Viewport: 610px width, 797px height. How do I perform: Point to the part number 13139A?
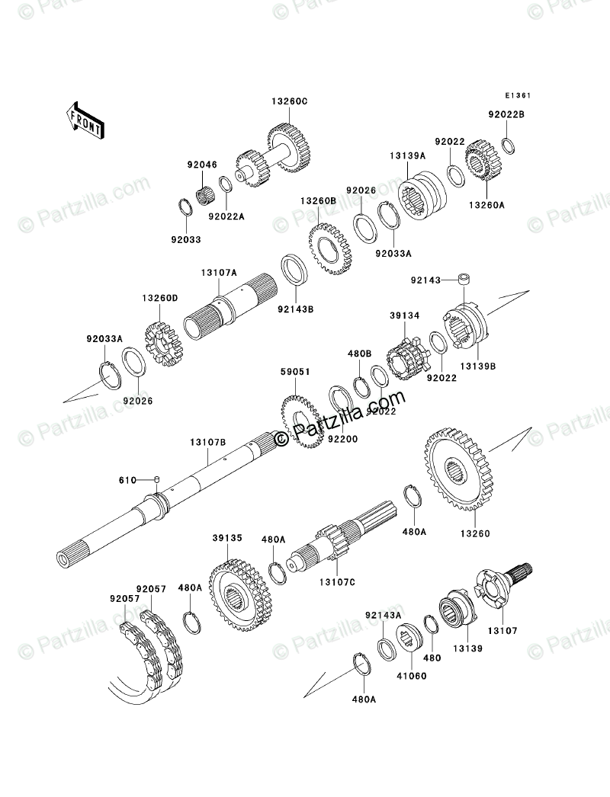tap(409, 156)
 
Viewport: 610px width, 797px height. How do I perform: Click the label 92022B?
tap(507, 114)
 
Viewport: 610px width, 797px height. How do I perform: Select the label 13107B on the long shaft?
tap(208, 442)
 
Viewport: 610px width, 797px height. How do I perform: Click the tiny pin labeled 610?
tap(156, 479)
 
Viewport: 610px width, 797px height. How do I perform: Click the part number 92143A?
tap(383, 615)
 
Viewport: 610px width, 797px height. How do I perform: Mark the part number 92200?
tap(343, 439)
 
